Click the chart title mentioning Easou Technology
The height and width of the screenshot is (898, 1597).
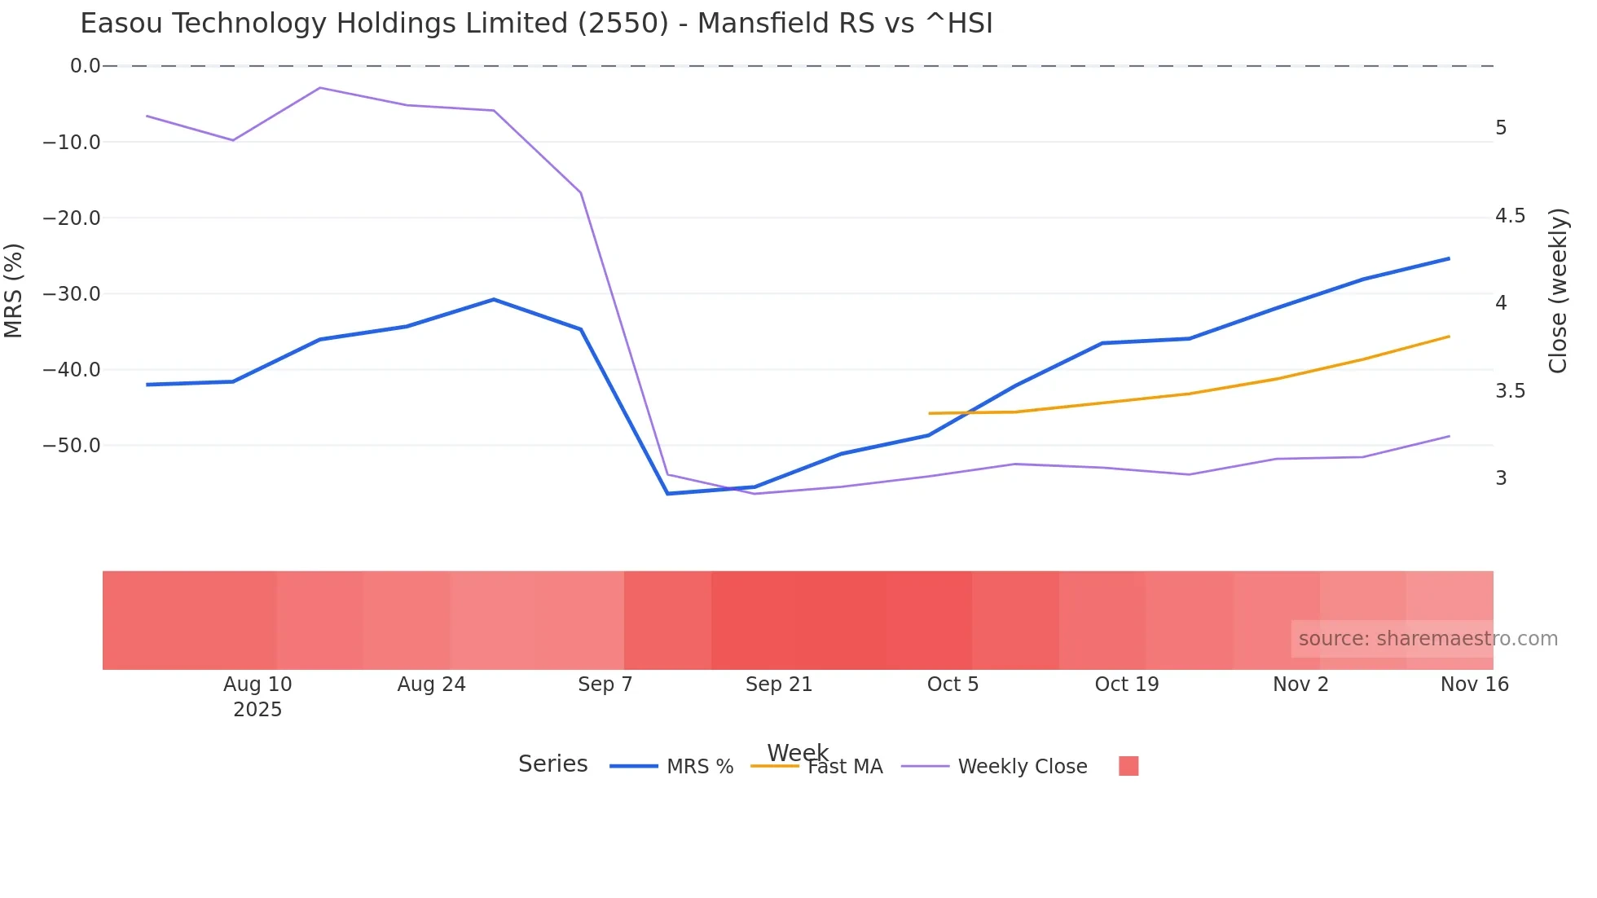[536, 24]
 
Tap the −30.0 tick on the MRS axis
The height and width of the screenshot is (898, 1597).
[72, 294]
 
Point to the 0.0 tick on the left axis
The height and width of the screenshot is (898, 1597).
[85, 66]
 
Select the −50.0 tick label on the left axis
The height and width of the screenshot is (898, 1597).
[72, 446]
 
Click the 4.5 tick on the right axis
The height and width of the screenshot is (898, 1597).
[1510, 216]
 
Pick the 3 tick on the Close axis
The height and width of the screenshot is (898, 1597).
[1501, 478]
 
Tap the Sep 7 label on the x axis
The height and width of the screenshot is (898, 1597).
[605, 685]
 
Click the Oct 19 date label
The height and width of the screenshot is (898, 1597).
[1126, 685]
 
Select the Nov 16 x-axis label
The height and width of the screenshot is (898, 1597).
[1474, 685]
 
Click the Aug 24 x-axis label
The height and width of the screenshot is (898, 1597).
[431, 685]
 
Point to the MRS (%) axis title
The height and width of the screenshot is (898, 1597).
[14, 290]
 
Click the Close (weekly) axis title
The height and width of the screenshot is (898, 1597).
[1558, 290]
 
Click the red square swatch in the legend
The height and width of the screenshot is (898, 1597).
[1128, 766]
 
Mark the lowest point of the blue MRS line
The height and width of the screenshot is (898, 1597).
[667, 494]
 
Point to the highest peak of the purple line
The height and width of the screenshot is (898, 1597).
[319, 87]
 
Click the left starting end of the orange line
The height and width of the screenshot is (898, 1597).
[930, 413]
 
